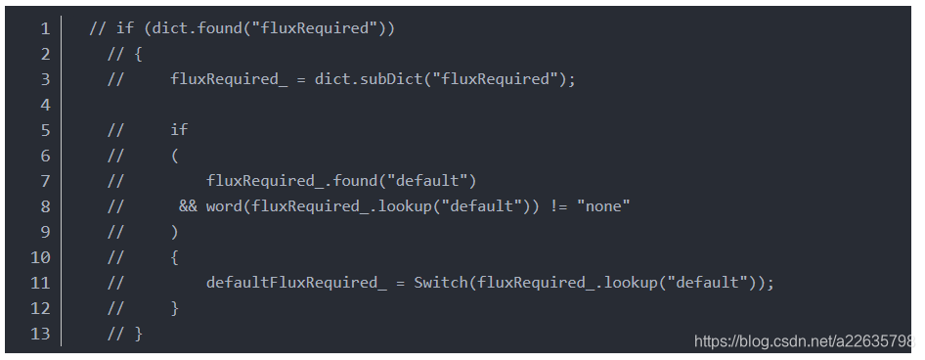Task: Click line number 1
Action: (x=45, y=28)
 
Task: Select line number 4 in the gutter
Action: (x=45, y=105)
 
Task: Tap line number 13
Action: (x=41, y=334)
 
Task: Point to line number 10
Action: (x=41, y=257)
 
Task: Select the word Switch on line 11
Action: (x=441, y=283)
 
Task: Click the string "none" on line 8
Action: (x=604, y=206)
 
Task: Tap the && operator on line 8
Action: (x=188, y=206)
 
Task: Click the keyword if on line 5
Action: (x=179, y=130)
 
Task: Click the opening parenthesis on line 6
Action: (x=174, y=156)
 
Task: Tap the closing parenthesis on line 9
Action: (x=174, y=232)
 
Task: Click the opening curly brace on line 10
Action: (x=174, y=257)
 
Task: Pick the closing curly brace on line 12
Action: (x=174, y=308)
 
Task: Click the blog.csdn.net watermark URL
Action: (x=802, y=341)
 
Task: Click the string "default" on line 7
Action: (x=431, y=181)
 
